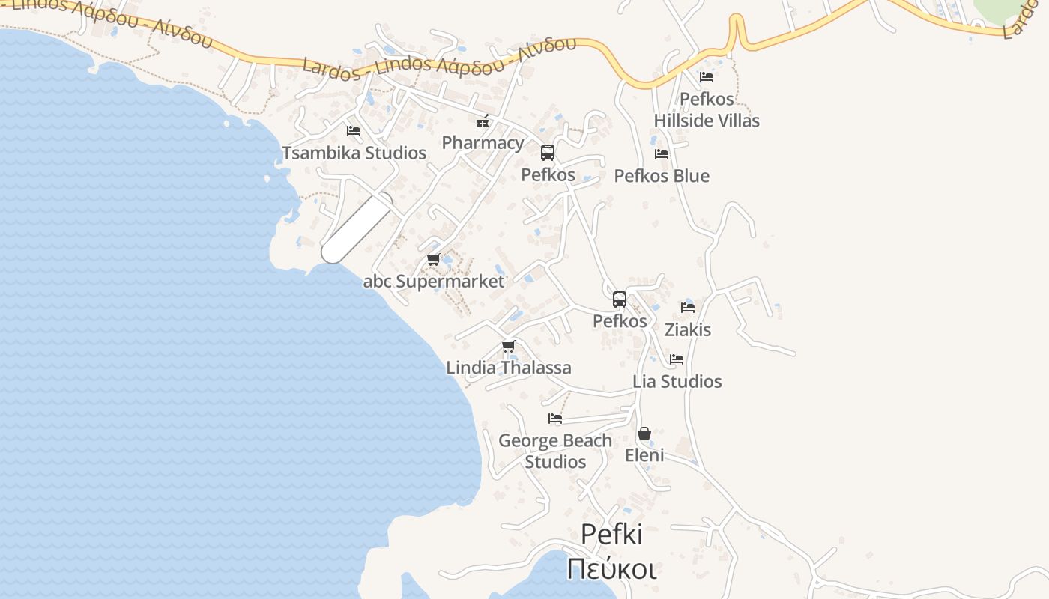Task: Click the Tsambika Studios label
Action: [354, 153]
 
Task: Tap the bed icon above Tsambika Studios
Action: [354, 130]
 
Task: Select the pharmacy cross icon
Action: [483, 121]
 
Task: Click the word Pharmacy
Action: [483, 142]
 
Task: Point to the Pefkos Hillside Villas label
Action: [707, 109]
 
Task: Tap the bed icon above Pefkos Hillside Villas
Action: [706, 76]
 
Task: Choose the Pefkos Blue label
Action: [662, 176]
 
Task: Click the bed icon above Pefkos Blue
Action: [661, 154]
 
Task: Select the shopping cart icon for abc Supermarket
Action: [433, 260]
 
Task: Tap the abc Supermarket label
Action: [434, 282]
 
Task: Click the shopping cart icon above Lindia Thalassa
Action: [509, 346]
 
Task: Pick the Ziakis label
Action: [688, 329]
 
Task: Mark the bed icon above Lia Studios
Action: [677, 359]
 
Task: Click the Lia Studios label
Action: [677, 381]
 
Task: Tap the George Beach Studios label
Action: [555, 451]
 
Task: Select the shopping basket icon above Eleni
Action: [644, 434]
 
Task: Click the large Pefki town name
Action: [611, 535]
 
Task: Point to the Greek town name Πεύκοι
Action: [611, 569]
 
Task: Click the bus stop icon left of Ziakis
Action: [620, 299]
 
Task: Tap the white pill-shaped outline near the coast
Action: [357, 228]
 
